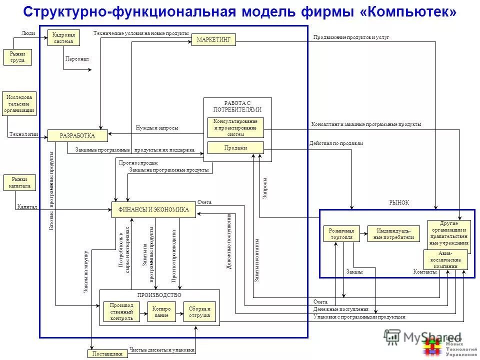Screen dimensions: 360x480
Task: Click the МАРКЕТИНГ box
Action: (x=213, y=40)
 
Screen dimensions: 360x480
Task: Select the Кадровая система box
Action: (x=64, y=38)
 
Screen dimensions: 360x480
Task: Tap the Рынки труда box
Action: (x=17, y=57)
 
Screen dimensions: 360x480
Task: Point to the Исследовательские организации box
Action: (x=19, y=103)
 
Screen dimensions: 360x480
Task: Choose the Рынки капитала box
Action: (x=19, y=182)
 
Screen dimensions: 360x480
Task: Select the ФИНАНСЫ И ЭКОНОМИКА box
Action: (x=153, y=210)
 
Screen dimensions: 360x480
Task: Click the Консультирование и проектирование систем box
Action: (x=235, y=127)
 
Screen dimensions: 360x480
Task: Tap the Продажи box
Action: (x=235, y=147)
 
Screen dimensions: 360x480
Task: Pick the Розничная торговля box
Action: (x=341, y=234)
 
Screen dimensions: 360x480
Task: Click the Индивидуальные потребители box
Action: (x=393, y=234)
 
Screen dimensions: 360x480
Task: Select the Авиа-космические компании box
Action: (x=445, y=260)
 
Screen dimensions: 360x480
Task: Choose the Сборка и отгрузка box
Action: (x=199, y=311)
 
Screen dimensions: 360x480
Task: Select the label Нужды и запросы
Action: (x=156, y=128)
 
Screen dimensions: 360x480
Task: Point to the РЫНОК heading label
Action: (x=399, y=202)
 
